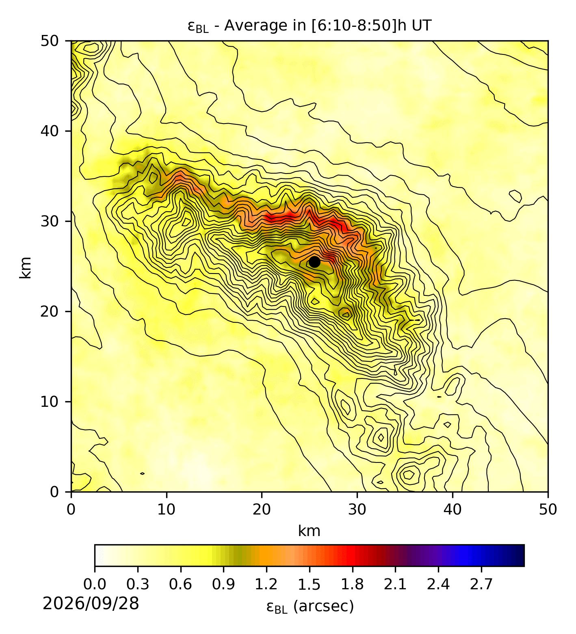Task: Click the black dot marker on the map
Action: (x=314, y=262)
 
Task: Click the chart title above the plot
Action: (x=309, y=26)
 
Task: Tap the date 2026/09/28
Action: (x=91, y=604)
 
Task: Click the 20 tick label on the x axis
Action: (x=262, y=509)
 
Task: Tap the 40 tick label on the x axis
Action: (x=453, y=509)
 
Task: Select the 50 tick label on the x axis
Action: (x=548, y=509)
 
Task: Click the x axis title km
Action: (x=309, y=531)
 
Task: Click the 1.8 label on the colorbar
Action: (x=352, y=584)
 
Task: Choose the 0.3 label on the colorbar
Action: (x=138, y=584)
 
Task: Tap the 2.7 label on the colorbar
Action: (x=481, y=584)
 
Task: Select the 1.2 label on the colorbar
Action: (x=266, y=584)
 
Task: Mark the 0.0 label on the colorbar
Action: (x=95, y=584)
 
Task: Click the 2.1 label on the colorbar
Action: (x=395, y=584)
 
